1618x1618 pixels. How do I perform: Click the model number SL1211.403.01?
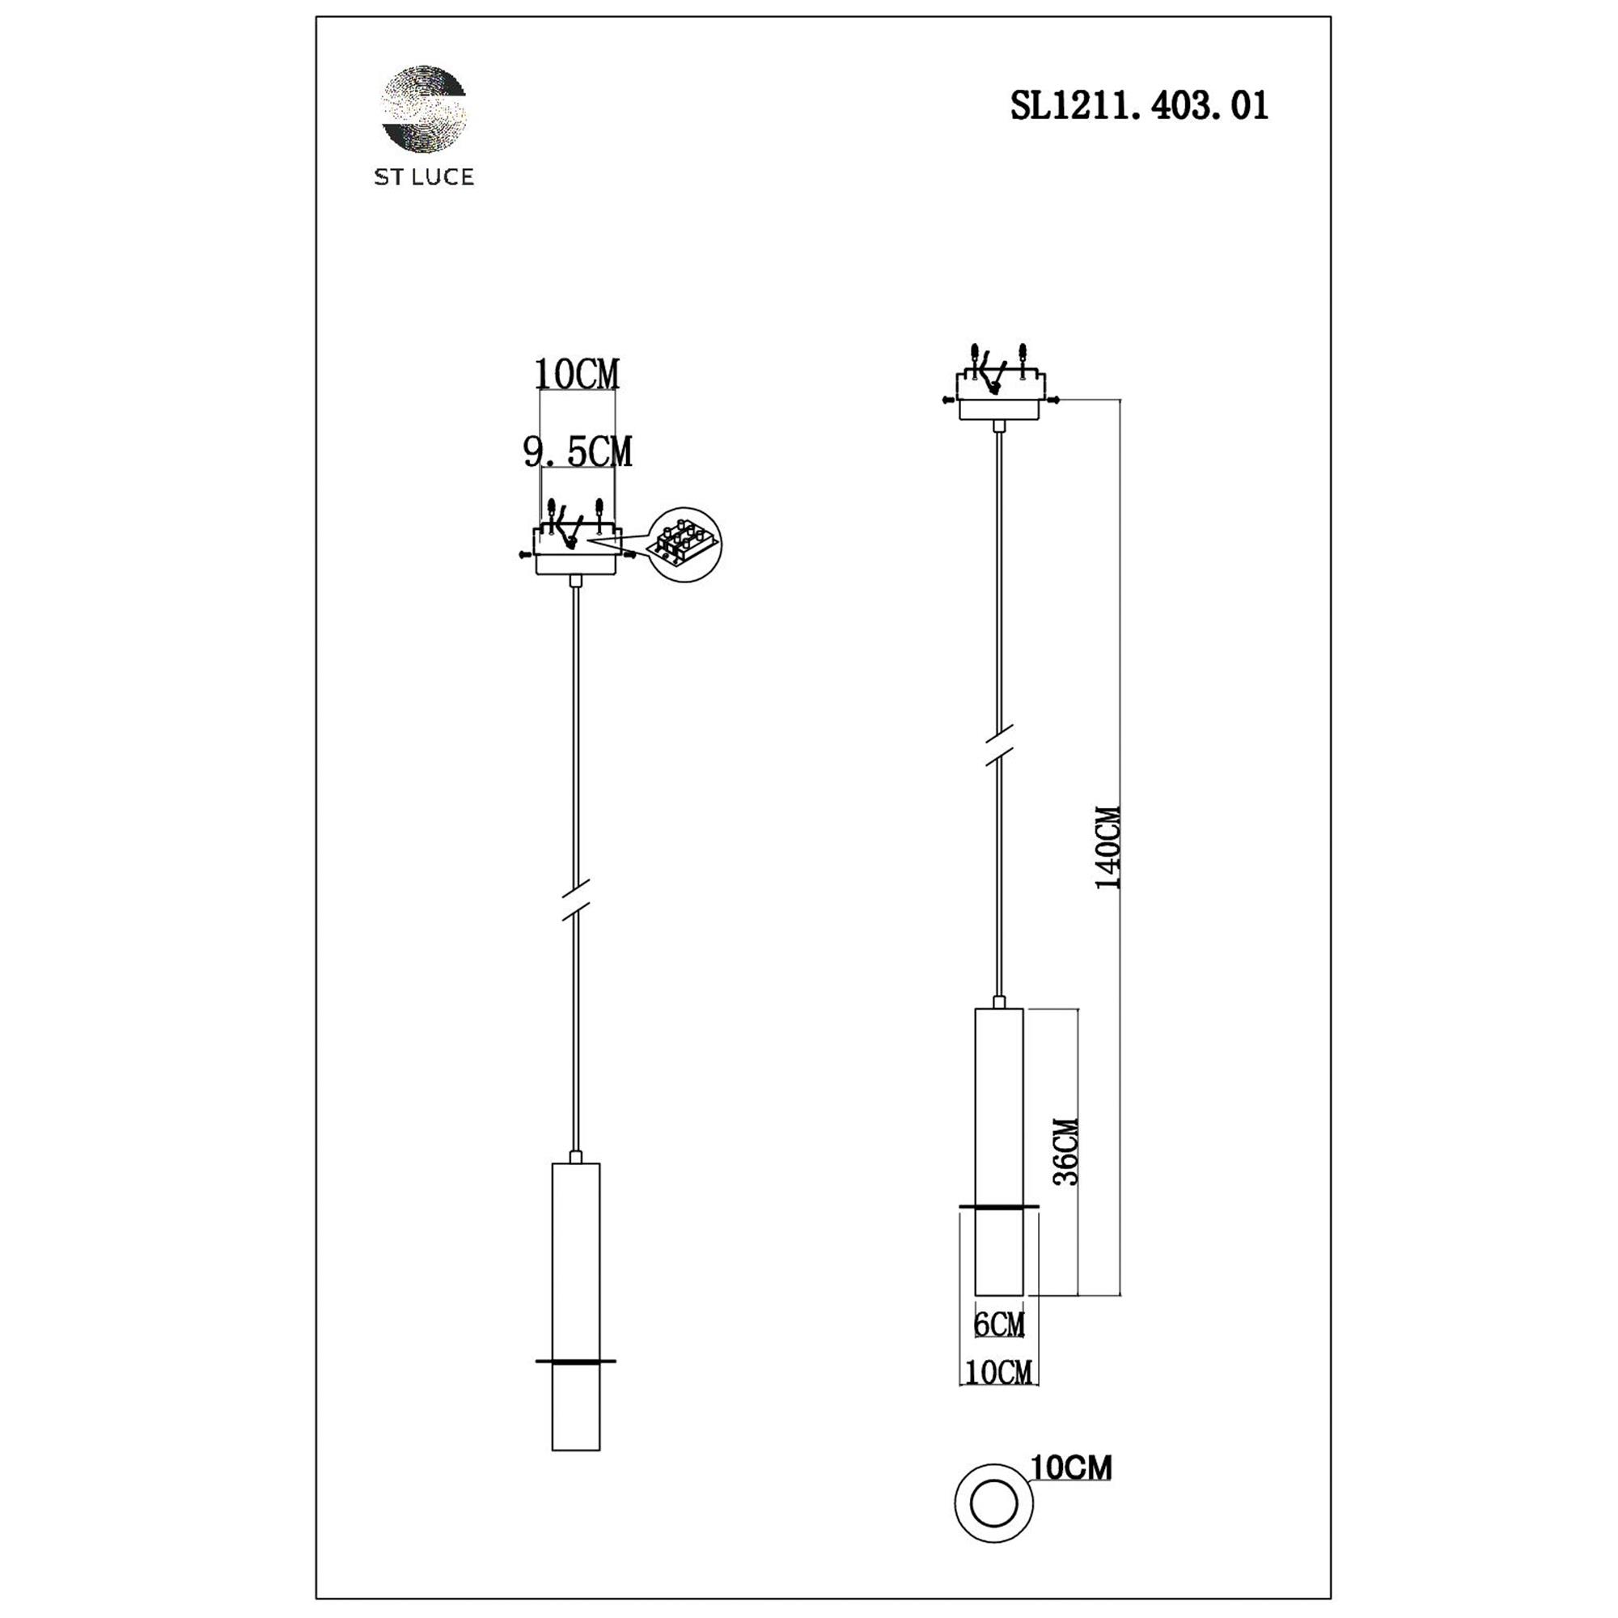(x=1139, y=106)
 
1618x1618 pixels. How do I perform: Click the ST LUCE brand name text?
(x=424, y=176)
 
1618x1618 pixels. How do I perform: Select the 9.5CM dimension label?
(x=578, y=452)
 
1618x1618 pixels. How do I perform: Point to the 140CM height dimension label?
(x=1108, y=848)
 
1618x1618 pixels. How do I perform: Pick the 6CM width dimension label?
(x=999, y=1324)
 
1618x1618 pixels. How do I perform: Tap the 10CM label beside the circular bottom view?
(x=1071, y=1468)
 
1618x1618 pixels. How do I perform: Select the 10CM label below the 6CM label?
(x=998, y=1372)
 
